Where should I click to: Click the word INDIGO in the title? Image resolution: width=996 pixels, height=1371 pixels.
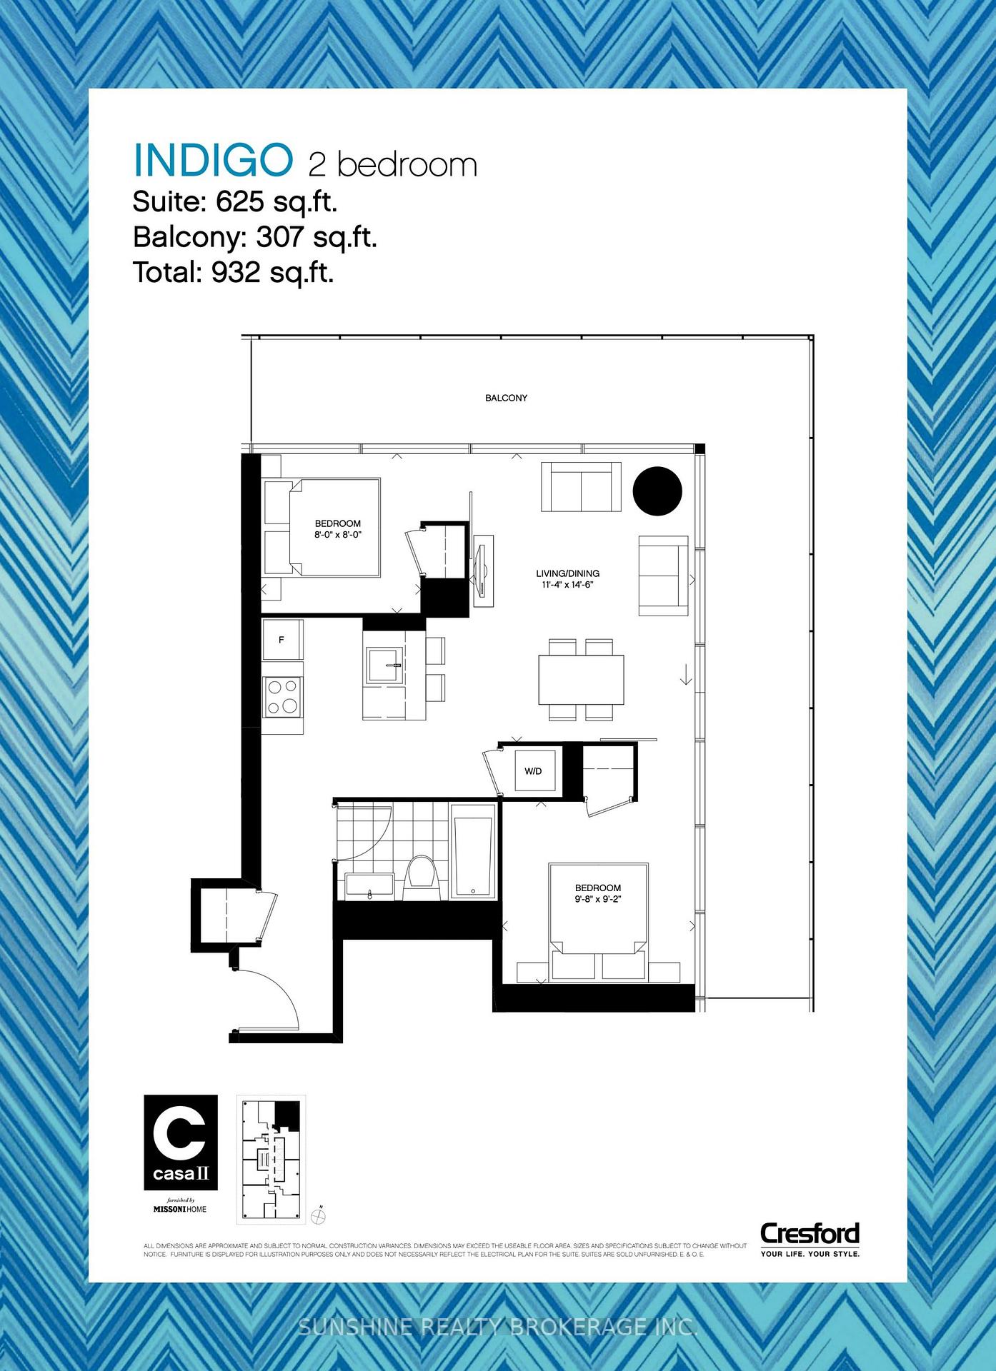[213, 161]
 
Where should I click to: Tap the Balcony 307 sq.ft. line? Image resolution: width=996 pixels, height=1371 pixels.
[254, 237]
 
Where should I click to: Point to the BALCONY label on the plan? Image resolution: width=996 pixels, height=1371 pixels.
[506, 398]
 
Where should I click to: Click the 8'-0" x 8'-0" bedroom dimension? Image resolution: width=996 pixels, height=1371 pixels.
[338, 534]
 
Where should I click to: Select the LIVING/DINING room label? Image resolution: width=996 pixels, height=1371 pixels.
[567, 573]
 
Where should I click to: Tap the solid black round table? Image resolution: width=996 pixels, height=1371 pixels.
[657, 491]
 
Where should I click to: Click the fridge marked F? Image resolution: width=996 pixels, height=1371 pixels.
[282, 640]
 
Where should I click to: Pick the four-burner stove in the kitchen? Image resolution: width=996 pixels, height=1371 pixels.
[282, 696]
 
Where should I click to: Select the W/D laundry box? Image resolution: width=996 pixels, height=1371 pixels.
[534, 771]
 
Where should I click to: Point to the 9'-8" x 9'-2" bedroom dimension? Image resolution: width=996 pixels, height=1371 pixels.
[598, 899]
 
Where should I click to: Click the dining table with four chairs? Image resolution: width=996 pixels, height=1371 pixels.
[581, 679]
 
